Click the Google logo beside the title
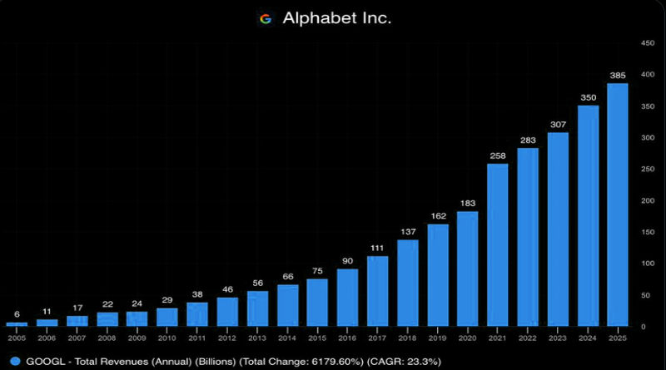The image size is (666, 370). [x=266, y=18]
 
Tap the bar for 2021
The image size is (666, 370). [x=498, y=244]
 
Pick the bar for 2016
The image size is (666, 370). [x=347, y=297]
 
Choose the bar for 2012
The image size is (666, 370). [x=227, y=311]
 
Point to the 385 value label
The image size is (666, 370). [x=618, y=76]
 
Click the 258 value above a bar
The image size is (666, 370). [x=498, y=155]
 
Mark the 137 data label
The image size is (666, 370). [x=408, y=231]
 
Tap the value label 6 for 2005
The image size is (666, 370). [x=17, y=314]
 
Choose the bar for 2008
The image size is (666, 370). [x=107, y=318]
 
